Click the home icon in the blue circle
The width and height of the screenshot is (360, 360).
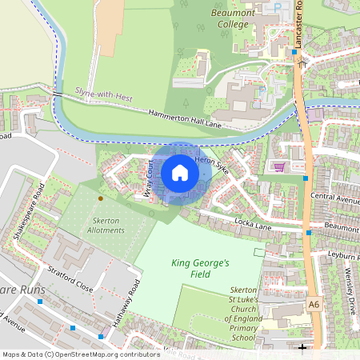tap(180, 173)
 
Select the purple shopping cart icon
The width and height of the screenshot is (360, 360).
tap(279, 166)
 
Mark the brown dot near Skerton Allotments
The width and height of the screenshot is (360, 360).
tap(100, 198)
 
